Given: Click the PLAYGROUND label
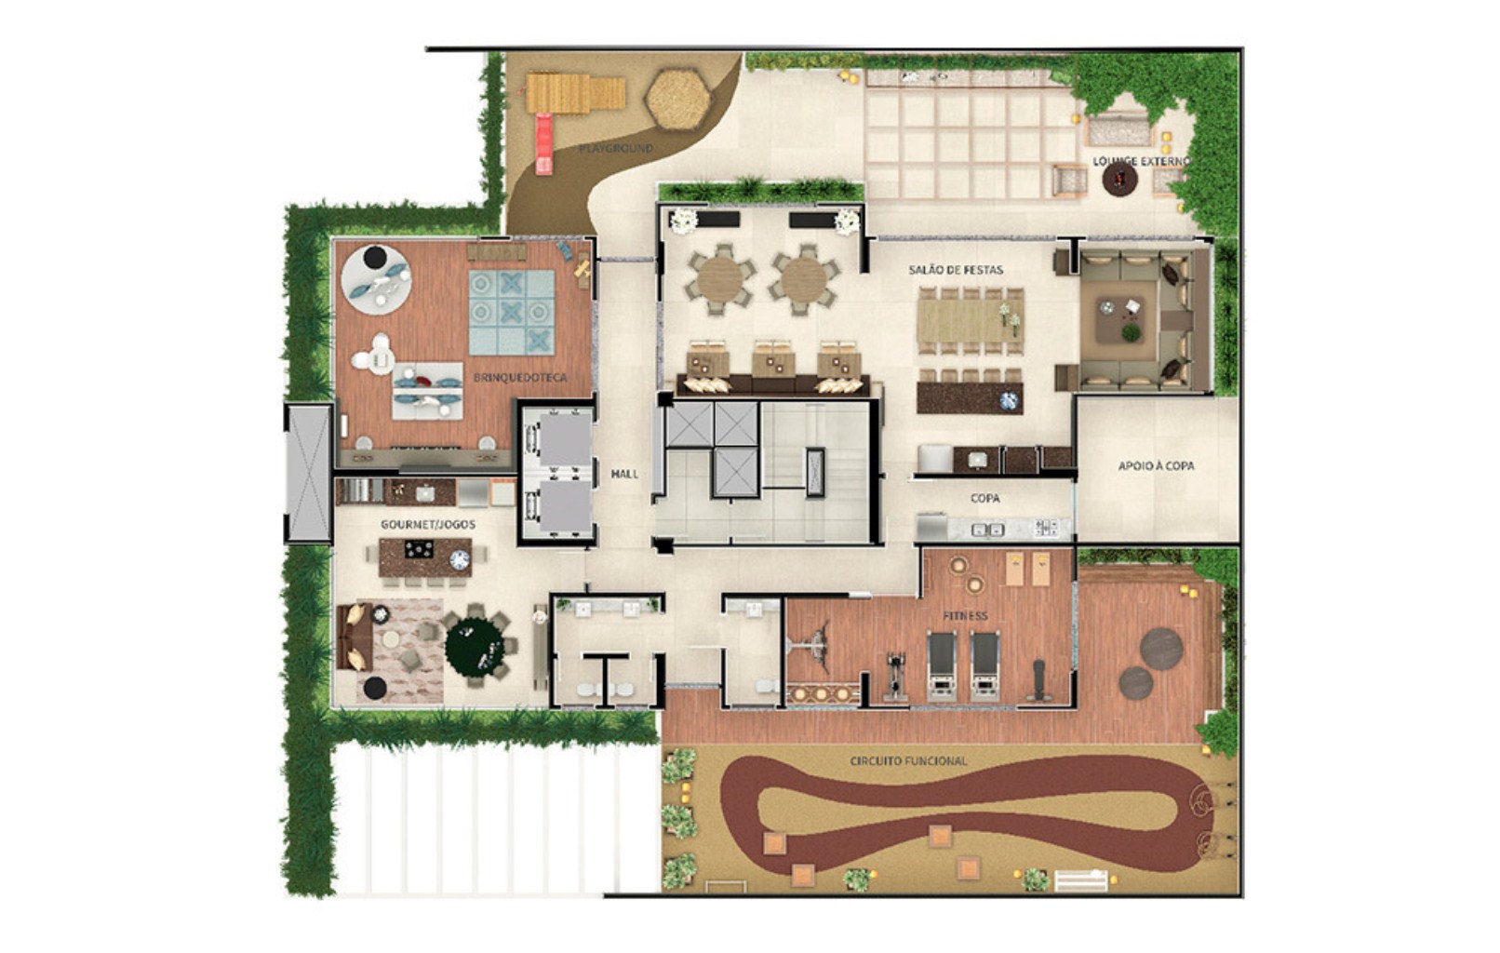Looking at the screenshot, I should [616, 148].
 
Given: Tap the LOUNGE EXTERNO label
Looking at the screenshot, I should [1141, 161].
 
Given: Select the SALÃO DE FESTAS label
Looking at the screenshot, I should [956, 270].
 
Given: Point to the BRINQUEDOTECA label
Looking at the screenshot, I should [520, 378].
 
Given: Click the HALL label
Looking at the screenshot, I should [624, 474].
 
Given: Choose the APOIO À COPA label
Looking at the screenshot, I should [1156, 465].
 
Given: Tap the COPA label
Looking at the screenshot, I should [984, 498].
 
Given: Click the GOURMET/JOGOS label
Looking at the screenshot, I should [427, 525].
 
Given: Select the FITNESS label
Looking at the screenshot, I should [965, 616].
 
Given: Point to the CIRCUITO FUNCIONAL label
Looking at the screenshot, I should [908, 761].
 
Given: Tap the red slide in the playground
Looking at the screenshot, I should [543, 143].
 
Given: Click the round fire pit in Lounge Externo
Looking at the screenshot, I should [1119, 179].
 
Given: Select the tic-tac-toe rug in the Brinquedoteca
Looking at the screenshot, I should [511, 312].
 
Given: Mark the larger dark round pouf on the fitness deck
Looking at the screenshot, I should [1161, 648].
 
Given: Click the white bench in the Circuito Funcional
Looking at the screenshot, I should [1080, 879].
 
